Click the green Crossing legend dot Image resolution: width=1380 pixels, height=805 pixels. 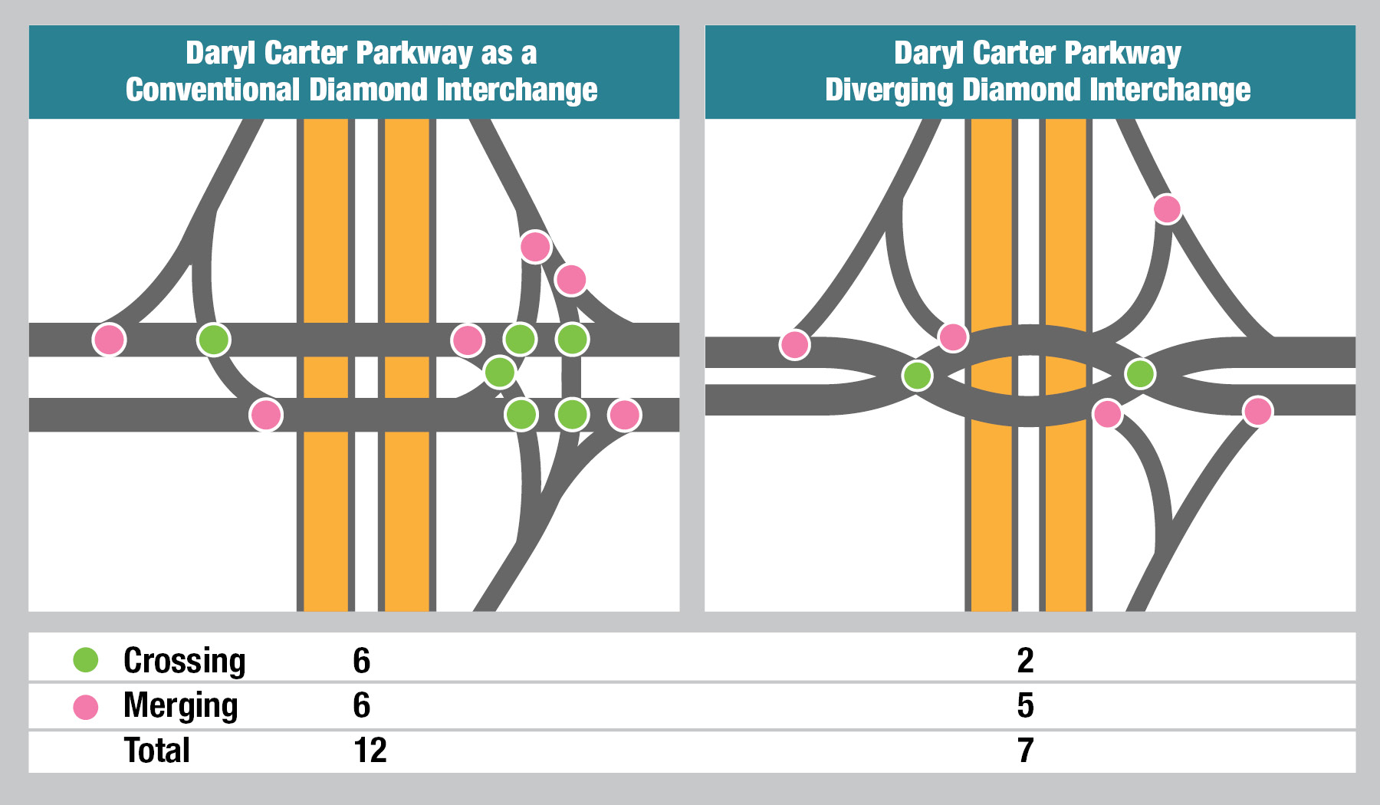pos(86,660)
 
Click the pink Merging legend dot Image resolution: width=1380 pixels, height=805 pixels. pos(86,707)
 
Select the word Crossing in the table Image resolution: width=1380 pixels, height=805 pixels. pos(184,661)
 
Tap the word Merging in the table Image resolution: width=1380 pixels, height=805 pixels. pos(180,706)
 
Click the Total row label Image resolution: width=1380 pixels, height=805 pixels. pos(157,751)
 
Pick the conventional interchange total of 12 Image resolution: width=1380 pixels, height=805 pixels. pos(370,751)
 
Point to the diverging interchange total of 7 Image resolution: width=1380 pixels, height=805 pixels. pos(1025,751)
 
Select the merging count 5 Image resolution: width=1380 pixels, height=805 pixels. pos(1025,705)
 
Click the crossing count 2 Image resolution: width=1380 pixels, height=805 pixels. pos(1025,661)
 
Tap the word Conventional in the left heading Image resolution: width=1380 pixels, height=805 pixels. pos(212,90)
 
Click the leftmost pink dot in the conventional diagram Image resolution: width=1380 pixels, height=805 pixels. pos(109,340)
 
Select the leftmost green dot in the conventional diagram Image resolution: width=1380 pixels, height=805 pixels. pos(214,340)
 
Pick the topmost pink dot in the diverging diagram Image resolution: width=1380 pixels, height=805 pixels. pos(1167,209)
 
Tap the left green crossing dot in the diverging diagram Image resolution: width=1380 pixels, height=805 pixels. pos(917,376)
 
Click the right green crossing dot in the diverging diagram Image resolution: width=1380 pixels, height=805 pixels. pos(1140,374)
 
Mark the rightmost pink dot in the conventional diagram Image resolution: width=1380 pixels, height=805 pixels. pos(624,415)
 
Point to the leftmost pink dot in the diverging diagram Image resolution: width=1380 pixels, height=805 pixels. pos(795,345)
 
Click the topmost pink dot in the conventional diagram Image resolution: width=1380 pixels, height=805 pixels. pos(535,247)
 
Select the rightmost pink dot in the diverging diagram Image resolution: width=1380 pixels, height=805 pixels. pos(1257,411)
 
